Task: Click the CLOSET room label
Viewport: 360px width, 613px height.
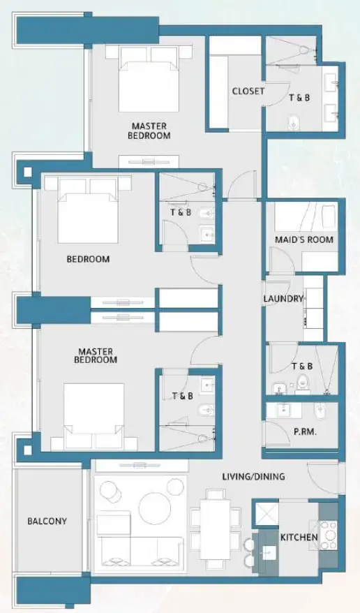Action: tap(248, 91)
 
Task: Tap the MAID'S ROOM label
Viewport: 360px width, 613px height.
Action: tap(304, 239)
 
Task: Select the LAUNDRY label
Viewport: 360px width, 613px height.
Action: tap(283, 299)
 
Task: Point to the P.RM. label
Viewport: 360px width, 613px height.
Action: tap(306, 432)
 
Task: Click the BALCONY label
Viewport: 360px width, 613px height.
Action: tap(47, 521)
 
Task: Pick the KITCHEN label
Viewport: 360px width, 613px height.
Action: tap(299, 538)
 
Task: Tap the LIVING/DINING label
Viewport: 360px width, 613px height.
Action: tap(253, 477)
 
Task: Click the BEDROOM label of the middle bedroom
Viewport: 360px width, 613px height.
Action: tap(88, 259)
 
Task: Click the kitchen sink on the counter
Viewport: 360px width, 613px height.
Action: tap(268, 552)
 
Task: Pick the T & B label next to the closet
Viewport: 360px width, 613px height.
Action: tap(299, 98)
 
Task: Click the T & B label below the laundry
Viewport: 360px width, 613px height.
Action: tap(302, 366)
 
